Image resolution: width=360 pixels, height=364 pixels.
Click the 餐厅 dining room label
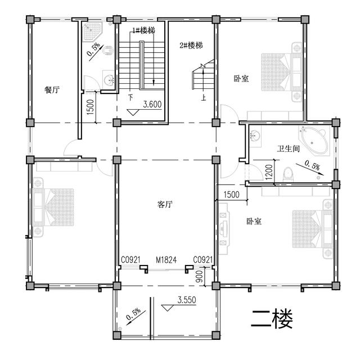(51, 89)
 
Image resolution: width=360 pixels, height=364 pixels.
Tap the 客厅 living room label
(164, 205)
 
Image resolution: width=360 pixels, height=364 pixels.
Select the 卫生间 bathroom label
(288, 149)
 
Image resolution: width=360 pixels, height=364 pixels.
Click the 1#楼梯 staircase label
(143, 31)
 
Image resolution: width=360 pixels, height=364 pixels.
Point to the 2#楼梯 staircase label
(191, 45)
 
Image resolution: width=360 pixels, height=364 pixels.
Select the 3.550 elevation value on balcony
(186, 300)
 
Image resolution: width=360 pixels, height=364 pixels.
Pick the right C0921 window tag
(202, 259)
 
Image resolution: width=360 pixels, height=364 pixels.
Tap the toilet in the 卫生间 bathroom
(289, 173)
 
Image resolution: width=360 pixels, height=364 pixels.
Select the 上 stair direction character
(203, 98)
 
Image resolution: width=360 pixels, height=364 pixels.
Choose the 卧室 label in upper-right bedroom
(241, 79)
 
